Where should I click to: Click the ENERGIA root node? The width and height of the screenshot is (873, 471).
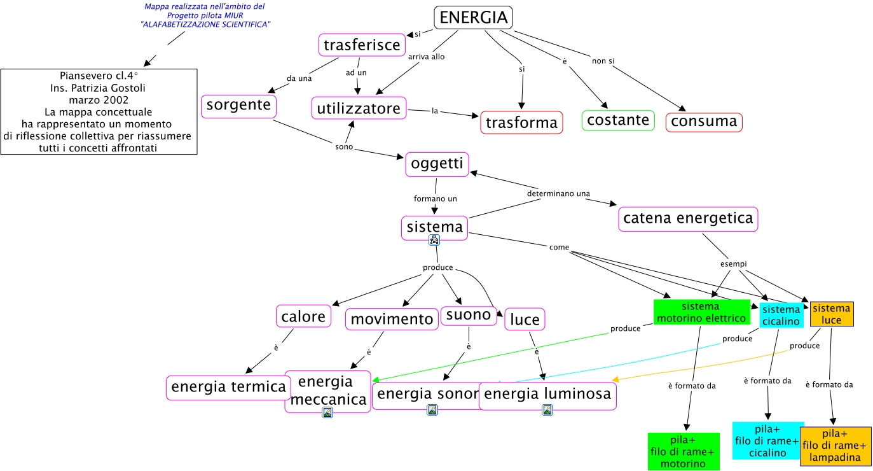pyautogui.click(x=474, y=18)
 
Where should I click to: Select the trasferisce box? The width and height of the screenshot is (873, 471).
pyautogui.click(x=362, y=45)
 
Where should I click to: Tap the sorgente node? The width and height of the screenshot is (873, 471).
pyautogui.click(x=238, y=106)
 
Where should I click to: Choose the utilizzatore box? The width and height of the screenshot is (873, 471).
pyautogui.click(x=359, y=108)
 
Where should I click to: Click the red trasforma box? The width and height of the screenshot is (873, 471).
pyautogui.click(x=521, y=122)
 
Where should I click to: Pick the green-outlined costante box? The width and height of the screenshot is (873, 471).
pyautogui.click(x=618, y=120)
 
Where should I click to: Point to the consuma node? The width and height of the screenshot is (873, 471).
pyautogui.click(x=704, y=122)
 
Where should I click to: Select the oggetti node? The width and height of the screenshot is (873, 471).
pyautogui.click(x=437, y=164)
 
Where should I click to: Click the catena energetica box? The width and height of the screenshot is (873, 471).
pyautogui.click(x=688, y=219)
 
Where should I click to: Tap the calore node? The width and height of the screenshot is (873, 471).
pyautogui.click(x=304, y=316)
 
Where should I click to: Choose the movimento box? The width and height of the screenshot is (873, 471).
pyautogui.click(x=392, y=319)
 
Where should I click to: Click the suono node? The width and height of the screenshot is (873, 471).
pyautogui.click(x=469, y=314)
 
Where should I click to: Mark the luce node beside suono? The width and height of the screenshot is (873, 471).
pyautogui.click(x=525, y=320)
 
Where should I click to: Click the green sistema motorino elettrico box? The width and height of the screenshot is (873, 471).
pyautogui.click(x=701, y=312)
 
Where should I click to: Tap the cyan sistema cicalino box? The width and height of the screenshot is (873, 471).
pyautogui.click(x=781, y=315)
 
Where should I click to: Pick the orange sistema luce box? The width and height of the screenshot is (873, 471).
pyautogui.click(x=832, y=314)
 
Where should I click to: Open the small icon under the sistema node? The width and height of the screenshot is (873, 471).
pyautogui.click(x=434, y=240)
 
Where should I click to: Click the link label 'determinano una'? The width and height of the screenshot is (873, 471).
pyautogui.click(x=558, y=193)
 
